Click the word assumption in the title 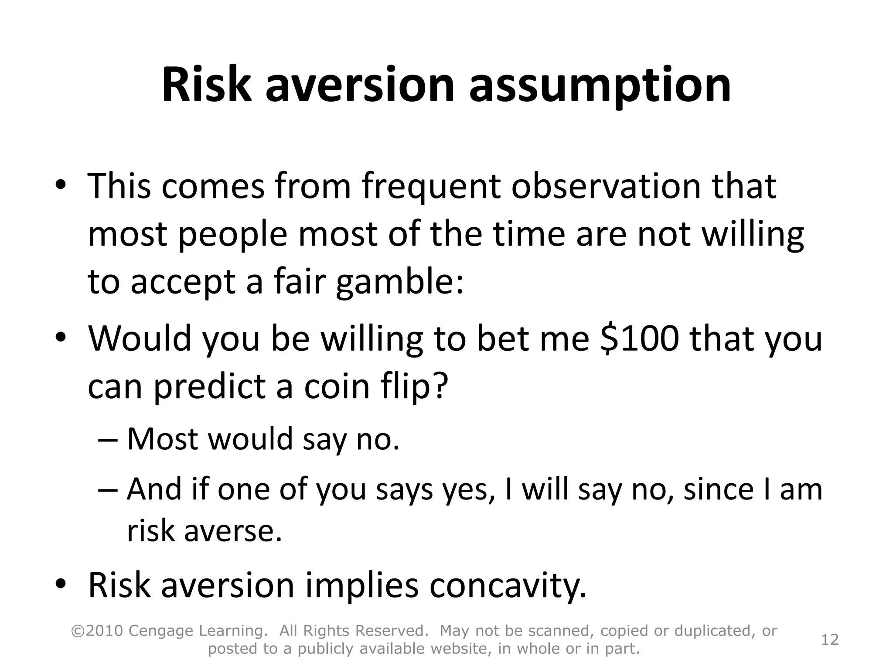[600, 86]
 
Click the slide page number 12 [830, 639]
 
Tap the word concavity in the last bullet [507, 586]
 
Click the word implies [361, 586]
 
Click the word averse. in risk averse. [233, 531]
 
